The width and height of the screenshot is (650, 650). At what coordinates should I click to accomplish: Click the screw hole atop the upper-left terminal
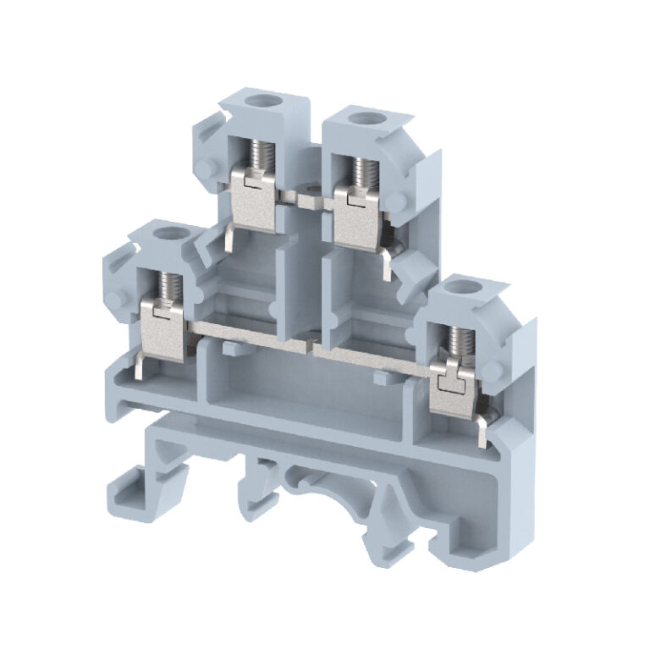253,110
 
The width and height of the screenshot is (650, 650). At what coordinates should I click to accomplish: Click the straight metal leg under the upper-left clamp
229,241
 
